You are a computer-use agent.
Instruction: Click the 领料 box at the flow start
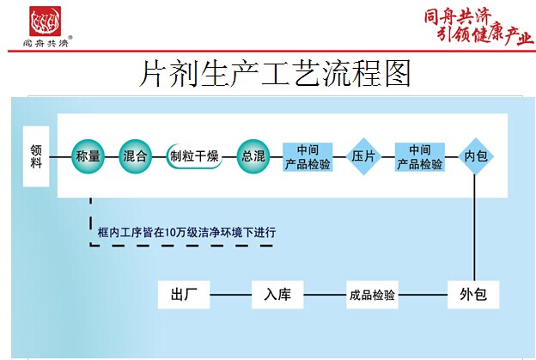[x=36, y=156]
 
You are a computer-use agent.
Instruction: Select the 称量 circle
[x=88, y=156]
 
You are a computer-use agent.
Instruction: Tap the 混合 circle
[x=136, y=156]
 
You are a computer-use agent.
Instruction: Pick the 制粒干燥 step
[x=194, y=156]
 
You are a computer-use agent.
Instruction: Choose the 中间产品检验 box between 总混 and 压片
[x=308, y=156]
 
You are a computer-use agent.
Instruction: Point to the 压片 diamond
[x=364, y=156]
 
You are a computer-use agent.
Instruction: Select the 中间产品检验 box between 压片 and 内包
[x=420, y=156]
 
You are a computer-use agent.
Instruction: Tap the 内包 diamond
[x=475, y=156]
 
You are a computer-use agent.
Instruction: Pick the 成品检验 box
[x=372, y=295]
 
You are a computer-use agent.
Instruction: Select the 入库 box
[x=277, y=295]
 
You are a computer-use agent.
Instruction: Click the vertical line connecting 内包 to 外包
[x=475, y=228]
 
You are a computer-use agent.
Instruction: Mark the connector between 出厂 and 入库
[x=230, y=295]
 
